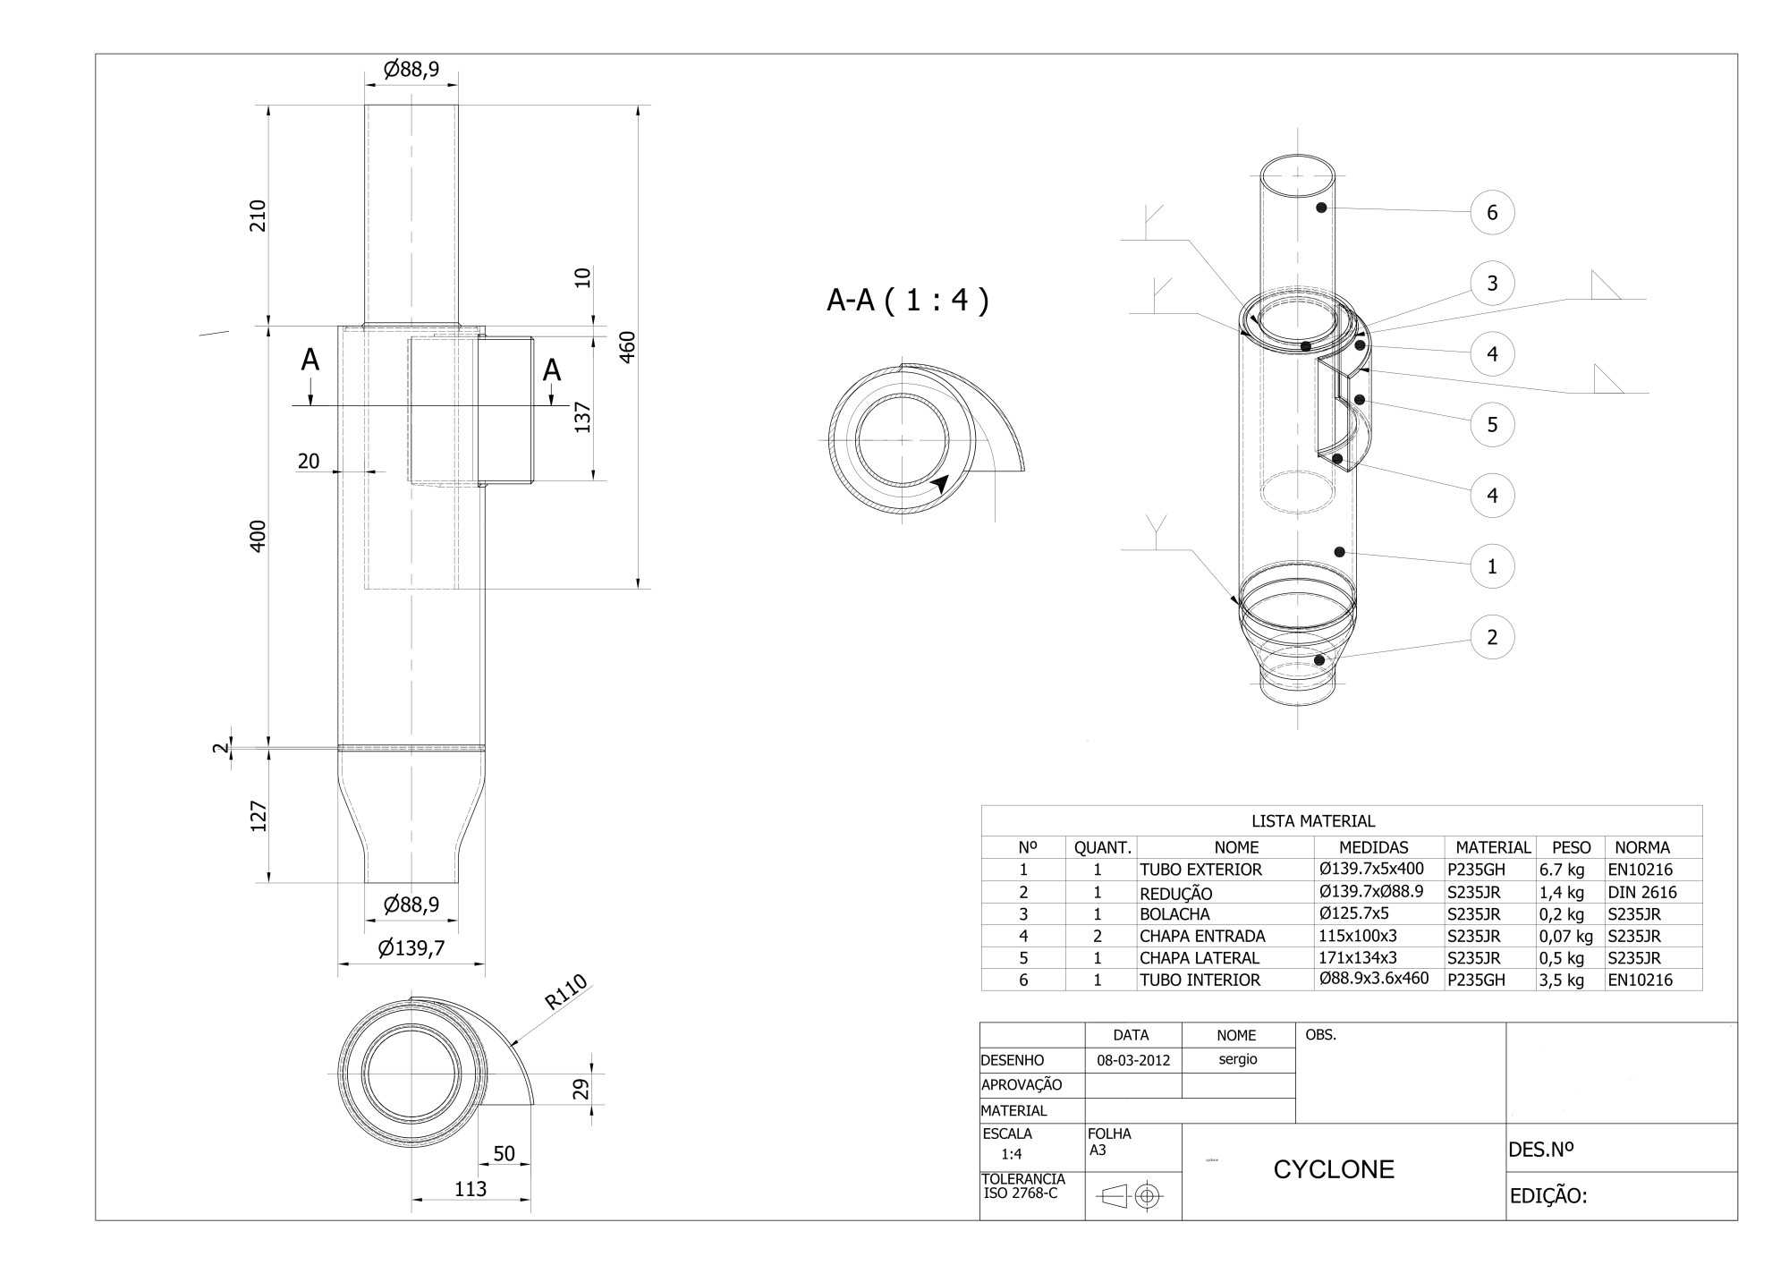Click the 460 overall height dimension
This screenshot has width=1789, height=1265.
[627, 347]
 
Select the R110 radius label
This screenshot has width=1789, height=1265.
[566, 991]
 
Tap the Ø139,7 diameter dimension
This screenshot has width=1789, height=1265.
[411, 947]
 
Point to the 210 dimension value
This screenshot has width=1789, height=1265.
[258, 216]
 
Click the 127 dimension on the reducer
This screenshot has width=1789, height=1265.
[258, 816]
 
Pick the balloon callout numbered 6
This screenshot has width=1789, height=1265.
[1492, 213]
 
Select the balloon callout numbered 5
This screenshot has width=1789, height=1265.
[1492, 424]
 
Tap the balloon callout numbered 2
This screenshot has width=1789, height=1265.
[1492, 637]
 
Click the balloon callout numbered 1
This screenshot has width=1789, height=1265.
[1492, 566]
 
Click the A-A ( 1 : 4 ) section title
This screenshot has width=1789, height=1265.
[908, 300]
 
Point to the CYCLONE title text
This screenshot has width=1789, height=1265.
[1334, 1169]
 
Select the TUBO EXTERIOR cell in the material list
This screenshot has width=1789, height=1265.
[1200, 870]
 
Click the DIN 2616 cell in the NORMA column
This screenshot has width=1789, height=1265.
[1642, 892]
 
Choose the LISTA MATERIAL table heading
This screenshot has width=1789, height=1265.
[1313, 820]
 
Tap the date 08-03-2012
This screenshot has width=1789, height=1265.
[1133, 1060]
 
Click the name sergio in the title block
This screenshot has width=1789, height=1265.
[1238, 1059]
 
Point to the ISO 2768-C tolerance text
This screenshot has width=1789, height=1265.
[1021, 1193]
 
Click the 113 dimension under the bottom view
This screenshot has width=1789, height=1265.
[471, 1188]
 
